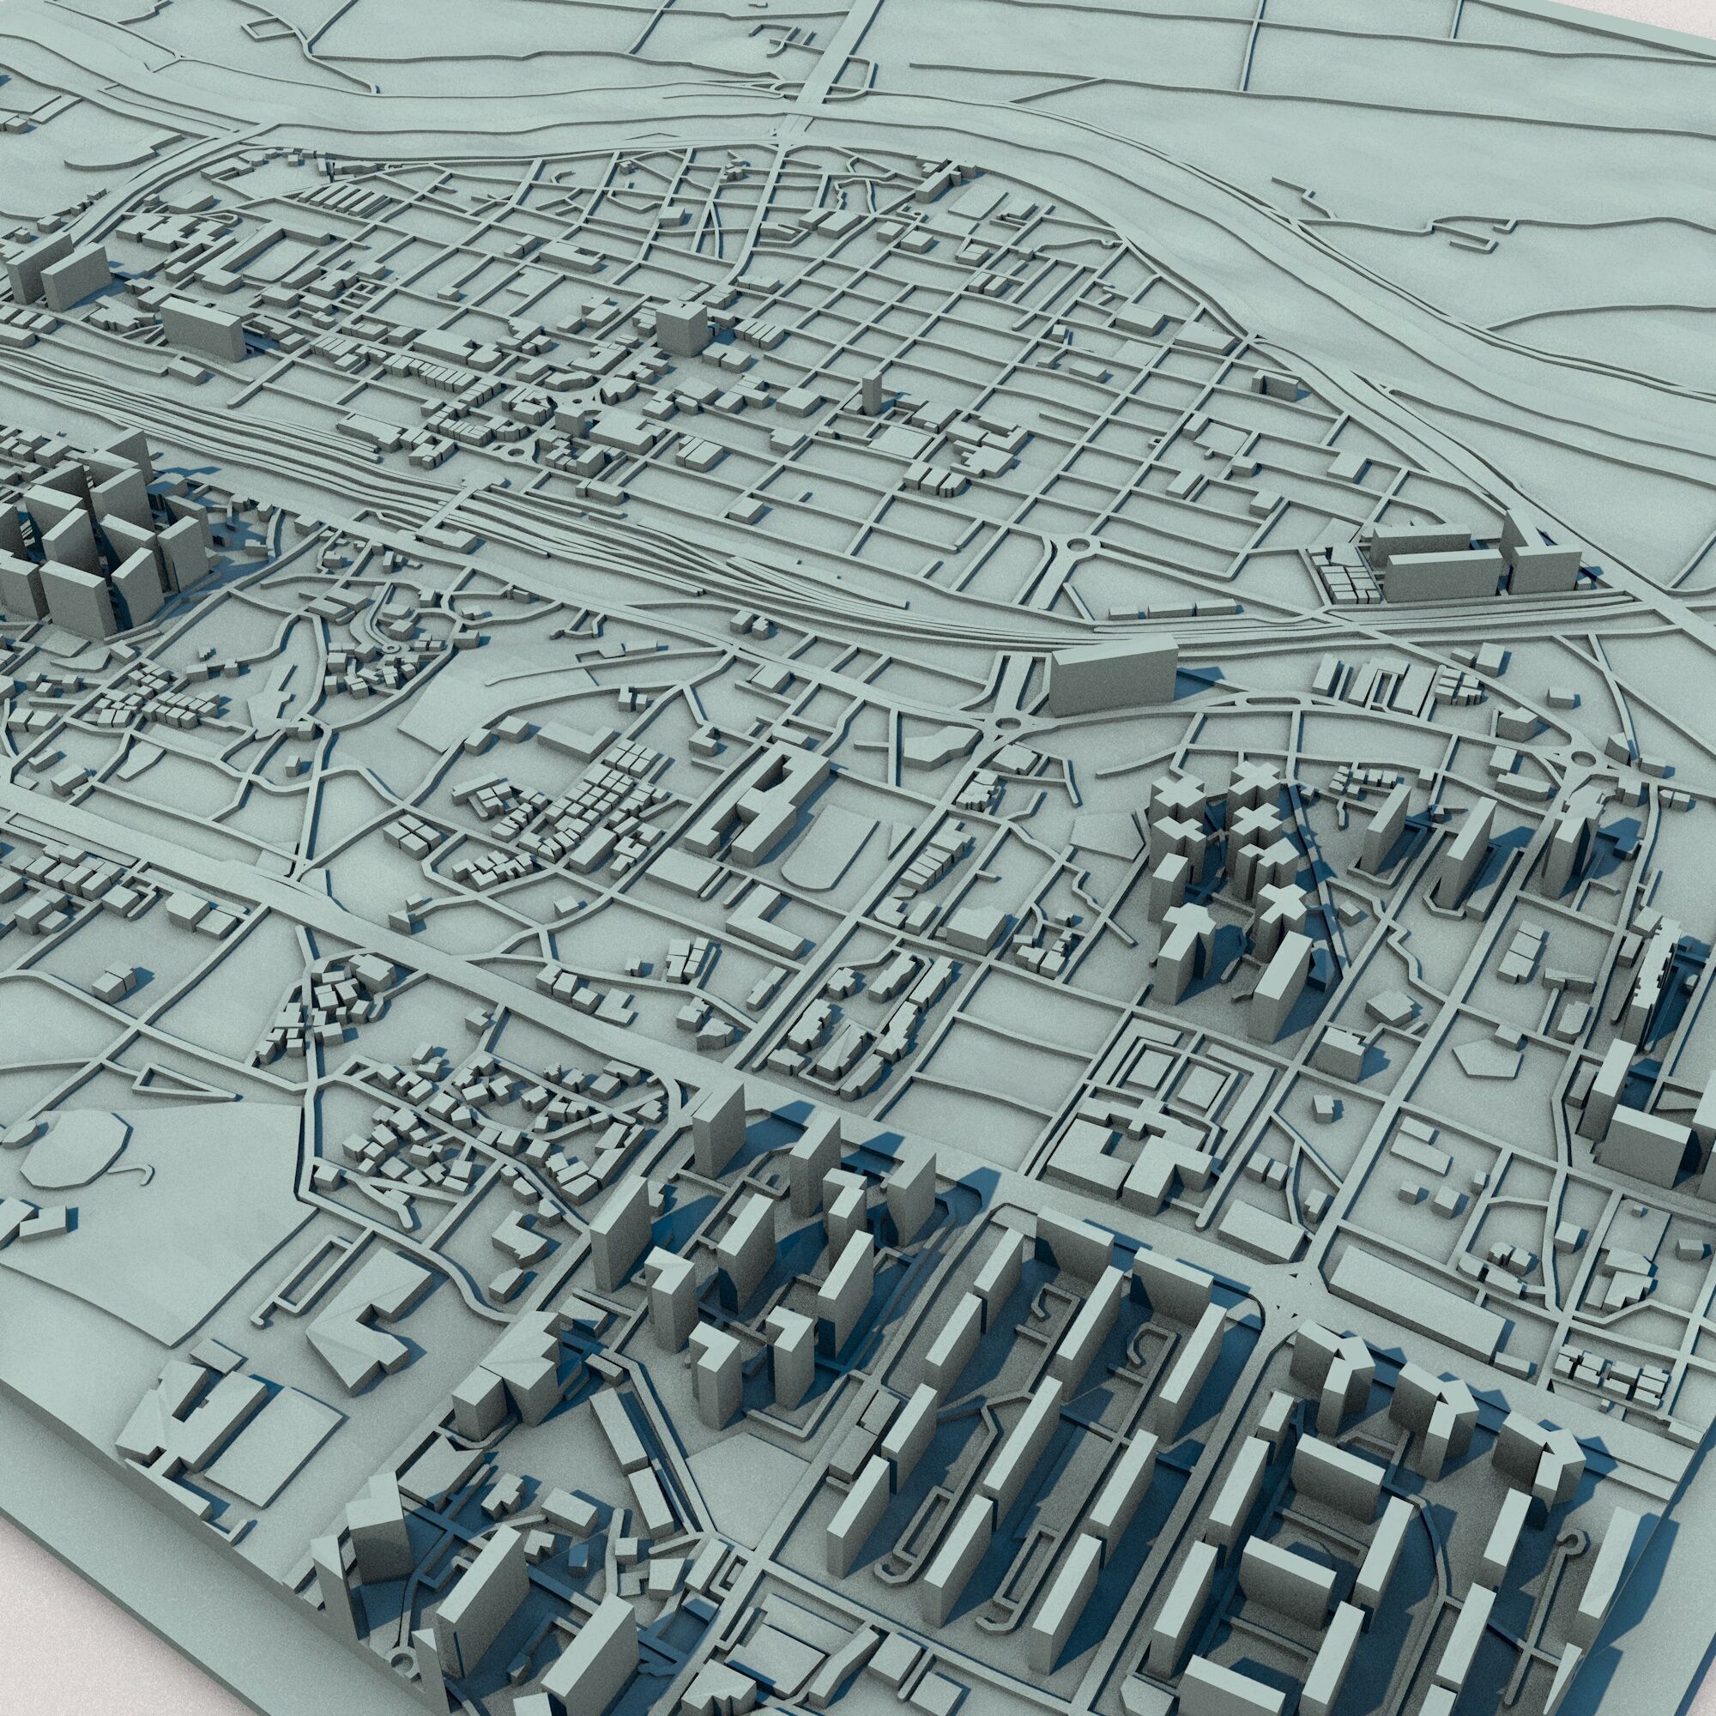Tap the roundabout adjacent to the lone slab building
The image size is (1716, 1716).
(x=1006, y=726)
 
